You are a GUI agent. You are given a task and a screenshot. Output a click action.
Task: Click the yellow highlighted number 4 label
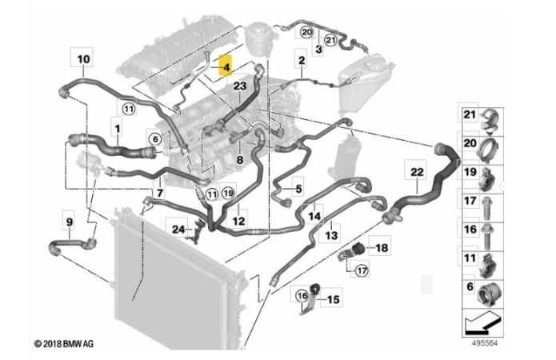[226, 66]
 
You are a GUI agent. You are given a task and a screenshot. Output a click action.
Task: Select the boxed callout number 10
[83, 58]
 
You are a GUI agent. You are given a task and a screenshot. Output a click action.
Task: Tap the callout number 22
[417, 172]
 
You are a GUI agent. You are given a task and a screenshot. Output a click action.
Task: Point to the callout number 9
[70, 222]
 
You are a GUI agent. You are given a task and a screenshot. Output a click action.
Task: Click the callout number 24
[178, 230]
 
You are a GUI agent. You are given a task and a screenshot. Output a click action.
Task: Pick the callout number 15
[333, 300]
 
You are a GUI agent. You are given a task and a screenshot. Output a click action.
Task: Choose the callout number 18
[382, 247]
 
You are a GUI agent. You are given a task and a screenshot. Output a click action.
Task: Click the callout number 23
[240, 86]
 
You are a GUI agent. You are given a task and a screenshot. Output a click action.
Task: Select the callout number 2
[302, 60]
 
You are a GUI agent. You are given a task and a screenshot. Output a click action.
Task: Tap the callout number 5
[298, 189]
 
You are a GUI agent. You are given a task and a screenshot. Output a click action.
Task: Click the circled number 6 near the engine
[155, 139]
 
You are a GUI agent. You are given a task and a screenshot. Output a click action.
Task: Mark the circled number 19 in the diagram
[228, 193]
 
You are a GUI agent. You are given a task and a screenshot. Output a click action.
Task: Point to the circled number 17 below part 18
[362, 271]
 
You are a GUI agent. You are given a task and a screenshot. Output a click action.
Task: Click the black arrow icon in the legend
[483, 323]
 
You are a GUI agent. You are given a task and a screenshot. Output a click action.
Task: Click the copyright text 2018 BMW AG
[64, 344]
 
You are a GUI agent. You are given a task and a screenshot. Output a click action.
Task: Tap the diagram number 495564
[484, 343]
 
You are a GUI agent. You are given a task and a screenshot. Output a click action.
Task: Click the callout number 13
[331, 234]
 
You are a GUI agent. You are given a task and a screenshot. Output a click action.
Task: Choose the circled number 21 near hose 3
[330, 40]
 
